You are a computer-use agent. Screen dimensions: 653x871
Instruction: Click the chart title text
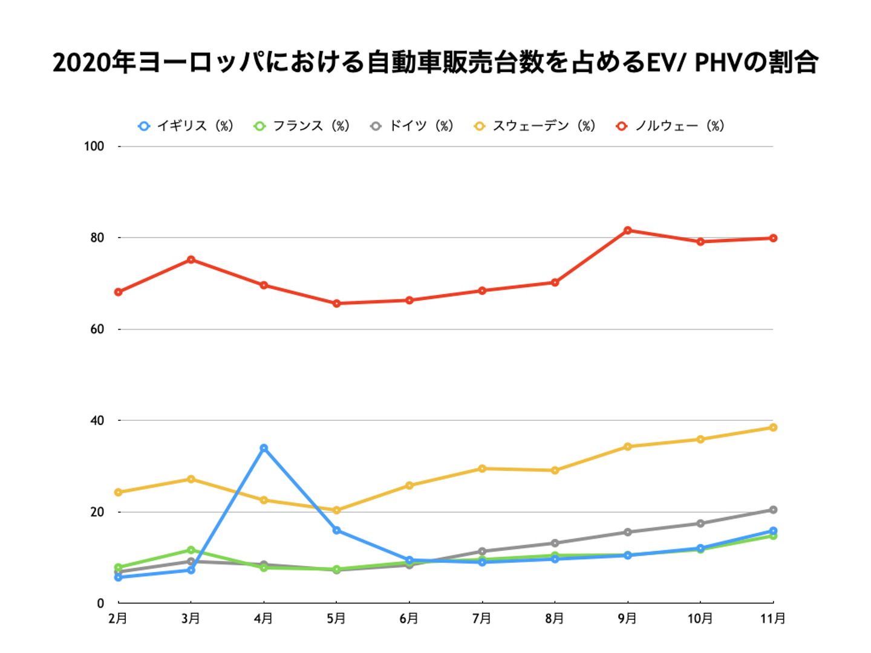(x=435, y=63)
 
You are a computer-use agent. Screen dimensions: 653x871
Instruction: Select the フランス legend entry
(x=302, y=126)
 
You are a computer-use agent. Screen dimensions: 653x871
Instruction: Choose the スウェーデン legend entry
(x=535, y=126)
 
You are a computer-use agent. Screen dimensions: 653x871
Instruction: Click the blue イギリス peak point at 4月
(x=264, y=448)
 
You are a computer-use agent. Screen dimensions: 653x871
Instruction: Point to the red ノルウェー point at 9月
(x=628, y=230)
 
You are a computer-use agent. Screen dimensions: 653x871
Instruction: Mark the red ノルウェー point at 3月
(x=191, y=259)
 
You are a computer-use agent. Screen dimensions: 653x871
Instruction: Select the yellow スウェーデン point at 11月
(x=773, y=427)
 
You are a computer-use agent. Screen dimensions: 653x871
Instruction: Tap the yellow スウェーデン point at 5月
(x=337, y=510)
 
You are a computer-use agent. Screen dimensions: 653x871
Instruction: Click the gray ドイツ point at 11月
(x=773, y=510)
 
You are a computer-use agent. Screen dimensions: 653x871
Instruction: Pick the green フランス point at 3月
(x=191, y=550)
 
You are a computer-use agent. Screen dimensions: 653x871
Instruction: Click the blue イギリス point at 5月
(x=337, y=530)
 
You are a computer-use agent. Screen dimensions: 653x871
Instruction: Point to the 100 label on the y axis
(x=94, y=146)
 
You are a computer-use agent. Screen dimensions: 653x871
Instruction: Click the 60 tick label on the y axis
(x=97, y=329)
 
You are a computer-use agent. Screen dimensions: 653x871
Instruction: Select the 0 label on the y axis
(x=100, y=603)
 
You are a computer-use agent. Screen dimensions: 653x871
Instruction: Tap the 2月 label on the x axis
(x=118, y=619)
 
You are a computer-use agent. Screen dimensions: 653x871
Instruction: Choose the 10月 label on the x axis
(x=700, y=619)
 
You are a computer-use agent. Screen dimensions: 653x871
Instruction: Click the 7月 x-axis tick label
(x=482, y=619)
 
